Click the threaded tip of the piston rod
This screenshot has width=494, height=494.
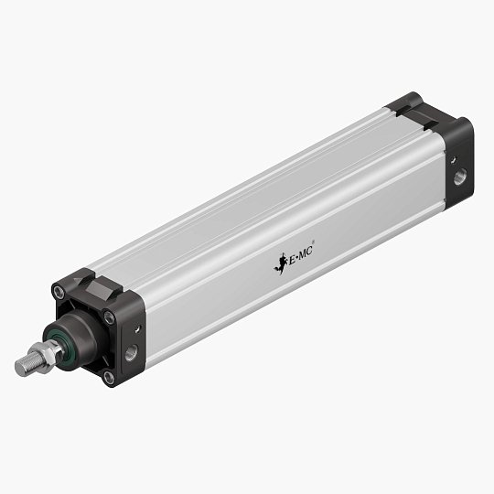pos(25,365)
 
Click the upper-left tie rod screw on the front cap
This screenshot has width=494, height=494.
pos(59,293)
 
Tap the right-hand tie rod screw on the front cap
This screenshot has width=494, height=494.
pos(109,317)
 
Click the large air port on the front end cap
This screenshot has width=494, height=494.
pos(131,351)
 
